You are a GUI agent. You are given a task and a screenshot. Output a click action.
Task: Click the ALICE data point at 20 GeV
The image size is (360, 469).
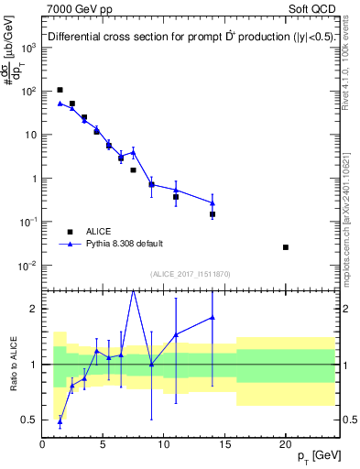pyautogui.click(x=286, y=247)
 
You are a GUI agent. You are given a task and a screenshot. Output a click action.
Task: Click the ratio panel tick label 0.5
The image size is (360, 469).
pyautogui.click(x=27, y=420)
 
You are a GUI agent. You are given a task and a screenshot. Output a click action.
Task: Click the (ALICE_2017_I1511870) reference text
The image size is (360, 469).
pyautogui.click(x=189, y=273)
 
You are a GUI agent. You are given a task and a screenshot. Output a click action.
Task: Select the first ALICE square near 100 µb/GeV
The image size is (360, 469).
pyautogui.click(x=60, y=90)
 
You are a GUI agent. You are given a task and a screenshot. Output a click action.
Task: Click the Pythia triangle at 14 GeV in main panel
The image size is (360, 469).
pyautogui.click(x=213, y=203)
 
